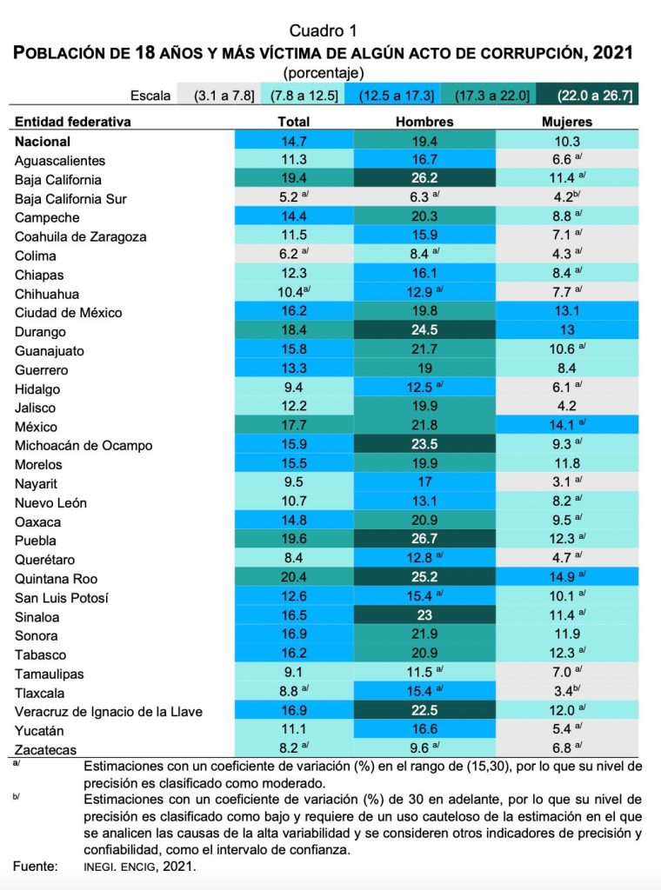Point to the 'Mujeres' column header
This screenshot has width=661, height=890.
click(566, 122)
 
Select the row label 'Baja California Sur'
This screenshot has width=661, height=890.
click(70, 198)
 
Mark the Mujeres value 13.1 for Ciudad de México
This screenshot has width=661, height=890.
click(566, 312)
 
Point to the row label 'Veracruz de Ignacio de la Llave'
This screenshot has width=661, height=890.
click(109, 712)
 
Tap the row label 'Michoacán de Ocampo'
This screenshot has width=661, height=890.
click(83, 446)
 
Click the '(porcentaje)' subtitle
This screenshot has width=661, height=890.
click(323, 73)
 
